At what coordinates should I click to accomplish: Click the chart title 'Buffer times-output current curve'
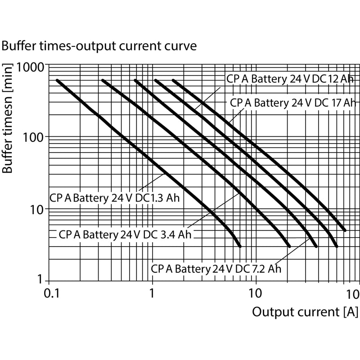(x=99, y=46)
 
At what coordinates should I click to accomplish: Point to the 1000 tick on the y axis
(x=30, y=67)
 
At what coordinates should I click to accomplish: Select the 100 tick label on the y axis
(x=33, y=138)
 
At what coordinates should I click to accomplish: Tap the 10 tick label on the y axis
(x=37, y=210)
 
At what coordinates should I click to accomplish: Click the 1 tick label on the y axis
(x=40, y=279)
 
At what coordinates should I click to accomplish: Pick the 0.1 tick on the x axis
(x=52, y=294)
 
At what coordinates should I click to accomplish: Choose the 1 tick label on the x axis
(x=152, y=293)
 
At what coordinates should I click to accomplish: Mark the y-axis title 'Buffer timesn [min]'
(x=7, y=118)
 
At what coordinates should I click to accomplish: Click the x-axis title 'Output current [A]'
(x=305, y=312)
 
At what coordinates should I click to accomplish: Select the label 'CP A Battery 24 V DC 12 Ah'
(x=290, y=79)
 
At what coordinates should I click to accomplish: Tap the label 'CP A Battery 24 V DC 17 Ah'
(x=293, y=103)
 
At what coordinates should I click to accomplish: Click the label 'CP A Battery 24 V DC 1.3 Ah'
(x=115, y=198)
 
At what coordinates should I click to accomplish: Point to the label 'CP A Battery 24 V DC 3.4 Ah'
(x=125, y=234)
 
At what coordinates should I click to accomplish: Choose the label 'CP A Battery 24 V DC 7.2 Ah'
(x=216, y=269)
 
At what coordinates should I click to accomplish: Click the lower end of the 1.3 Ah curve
(x=240, y=247)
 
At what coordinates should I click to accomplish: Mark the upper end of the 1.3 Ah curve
(x=57, y=81)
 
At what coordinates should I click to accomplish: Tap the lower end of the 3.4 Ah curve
(x=289, y=247)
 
